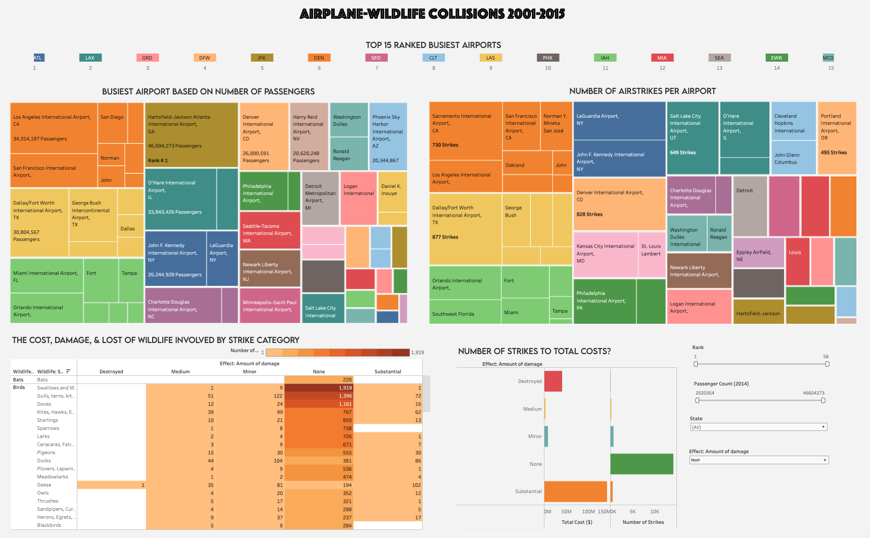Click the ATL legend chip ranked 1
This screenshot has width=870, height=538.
pyautogui.click(x=38, y=58)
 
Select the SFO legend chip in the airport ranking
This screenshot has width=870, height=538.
pyautogui.click(x=376, y=58)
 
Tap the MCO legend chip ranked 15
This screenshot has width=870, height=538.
pyautogui.click(x=828, y=58)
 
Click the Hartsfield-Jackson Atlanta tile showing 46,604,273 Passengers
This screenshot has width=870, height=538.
pyautogui.click(x=191, y=135)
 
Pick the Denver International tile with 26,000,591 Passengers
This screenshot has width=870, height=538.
pyautogui.click(x=264, y=136)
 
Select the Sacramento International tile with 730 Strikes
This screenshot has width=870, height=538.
pyautogui.click(x=465, y=131)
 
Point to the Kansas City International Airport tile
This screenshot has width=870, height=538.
pyautogui.click(x=605, y=254)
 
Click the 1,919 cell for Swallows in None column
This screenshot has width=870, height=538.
pyautogui.click(x=318, y=388)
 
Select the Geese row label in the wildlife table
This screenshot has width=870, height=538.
pyautogui.click(x=44, y=485)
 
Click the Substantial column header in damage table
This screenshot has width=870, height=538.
pyautogui.click(x=388, y=372)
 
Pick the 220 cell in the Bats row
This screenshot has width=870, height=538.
pyautogui.click(x=318, y=380)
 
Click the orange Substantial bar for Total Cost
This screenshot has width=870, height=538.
pyautogui.click(x=575, y=492)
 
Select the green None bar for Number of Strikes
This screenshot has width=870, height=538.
pyautogui.click(x=642, y=464)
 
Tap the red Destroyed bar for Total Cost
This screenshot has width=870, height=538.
pyautogui.click(x=553, y=381)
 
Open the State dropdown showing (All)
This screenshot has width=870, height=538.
pyautogui.click(x=758, y=427)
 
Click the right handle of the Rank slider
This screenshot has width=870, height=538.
pyautogui.click(x=827, y=364)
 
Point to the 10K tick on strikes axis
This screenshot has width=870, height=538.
pyautogui.click(x=655, y=512)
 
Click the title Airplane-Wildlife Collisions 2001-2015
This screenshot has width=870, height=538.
pyautogui.click(x=432, y=14)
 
